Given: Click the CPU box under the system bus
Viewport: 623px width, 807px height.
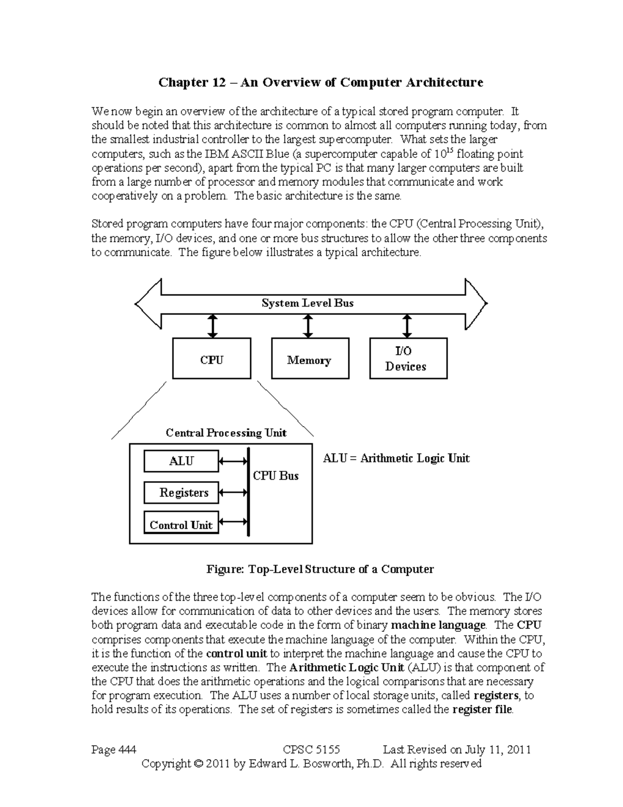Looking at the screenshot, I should (x=211, y=359).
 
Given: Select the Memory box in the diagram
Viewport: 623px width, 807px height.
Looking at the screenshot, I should (x=310, y=359).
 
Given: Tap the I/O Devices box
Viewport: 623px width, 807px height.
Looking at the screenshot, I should (x=408, y=359).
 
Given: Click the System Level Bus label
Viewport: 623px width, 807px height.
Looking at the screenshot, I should (x=307, y=303).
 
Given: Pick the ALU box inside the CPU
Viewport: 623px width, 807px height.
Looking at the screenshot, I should (x=181, y=461).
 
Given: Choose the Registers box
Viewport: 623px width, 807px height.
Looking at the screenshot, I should (x=181, y=493).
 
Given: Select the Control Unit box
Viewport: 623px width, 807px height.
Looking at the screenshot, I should (x=181, y=524).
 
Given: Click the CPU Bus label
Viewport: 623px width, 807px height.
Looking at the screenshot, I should (x=276, y=475).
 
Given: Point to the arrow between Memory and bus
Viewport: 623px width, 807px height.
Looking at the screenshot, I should (x=308, y=326).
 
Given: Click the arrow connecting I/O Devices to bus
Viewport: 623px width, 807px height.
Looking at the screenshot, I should (x=407, y=326).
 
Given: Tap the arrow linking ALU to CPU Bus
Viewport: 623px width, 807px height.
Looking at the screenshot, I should (x=233, y=461).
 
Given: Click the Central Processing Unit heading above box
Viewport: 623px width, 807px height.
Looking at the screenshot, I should (x=226, y=433).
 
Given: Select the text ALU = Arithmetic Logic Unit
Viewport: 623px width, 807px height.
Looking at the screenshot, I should (x=396, y=458).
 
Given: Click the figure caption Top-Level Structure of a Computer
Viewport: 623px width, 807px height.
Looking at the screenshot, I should (x=320, y=569).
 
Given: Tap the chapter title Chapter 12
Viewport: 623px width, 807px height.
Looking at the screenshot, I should (x=321, y=83).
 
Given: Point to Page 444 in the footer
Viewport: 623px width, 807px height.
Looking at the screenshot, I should (x=114, y=749).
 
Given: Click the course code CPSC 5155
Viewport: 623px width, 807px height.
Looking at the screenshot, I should (x=311, y=749).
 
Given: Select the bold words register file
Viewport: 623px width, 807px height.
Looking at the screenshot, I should (x=482, y=709).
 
